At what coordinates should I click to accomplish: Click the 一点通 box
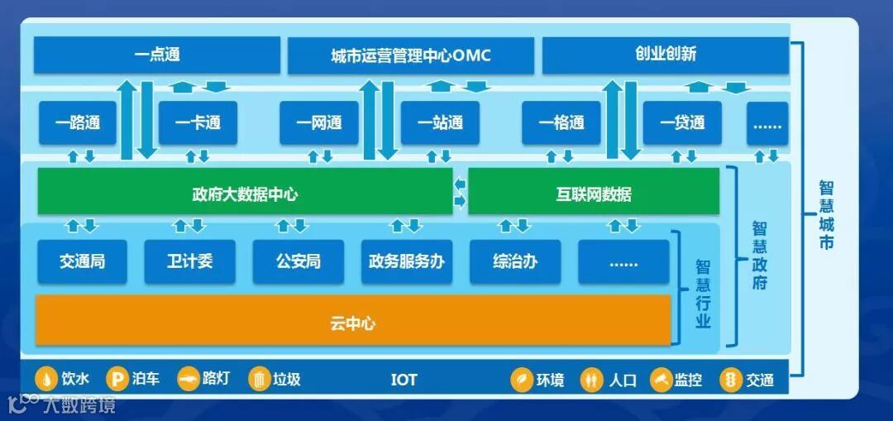[156, 55]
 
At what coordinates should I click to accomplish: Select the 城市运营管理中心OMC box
[410, 55]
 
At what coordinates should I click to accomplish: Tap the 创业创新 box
[665, 55]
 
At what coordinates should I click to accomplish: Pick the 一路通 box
[78, 123]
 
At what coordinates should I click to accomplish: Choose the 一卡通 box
[198, 123]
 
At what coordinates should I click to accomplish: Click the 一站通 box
[440, 123]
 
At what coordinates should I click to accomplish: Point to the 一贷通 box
[682, 123]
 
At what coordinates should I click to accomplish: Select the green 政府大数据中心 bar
[245, 195]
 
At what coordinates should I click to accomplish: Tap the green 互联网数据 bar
[593, 195]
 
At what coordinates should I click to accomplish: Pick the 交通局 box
[82, 262]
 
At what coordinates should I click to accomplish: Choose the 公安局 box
[298, 262]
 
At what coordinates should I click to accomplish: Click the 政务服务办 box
[406, 262]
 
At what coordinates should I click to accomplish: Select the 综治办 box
[514, 262]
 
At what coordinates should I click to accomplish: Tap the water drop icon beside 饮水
[45, 380]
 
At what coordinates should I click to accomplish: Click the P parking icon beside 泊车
[117, 380]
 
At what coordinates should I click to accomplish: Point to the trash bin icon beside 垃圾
[259, 380]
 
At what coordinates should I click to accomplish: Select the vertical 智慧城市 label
[826, 215]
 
